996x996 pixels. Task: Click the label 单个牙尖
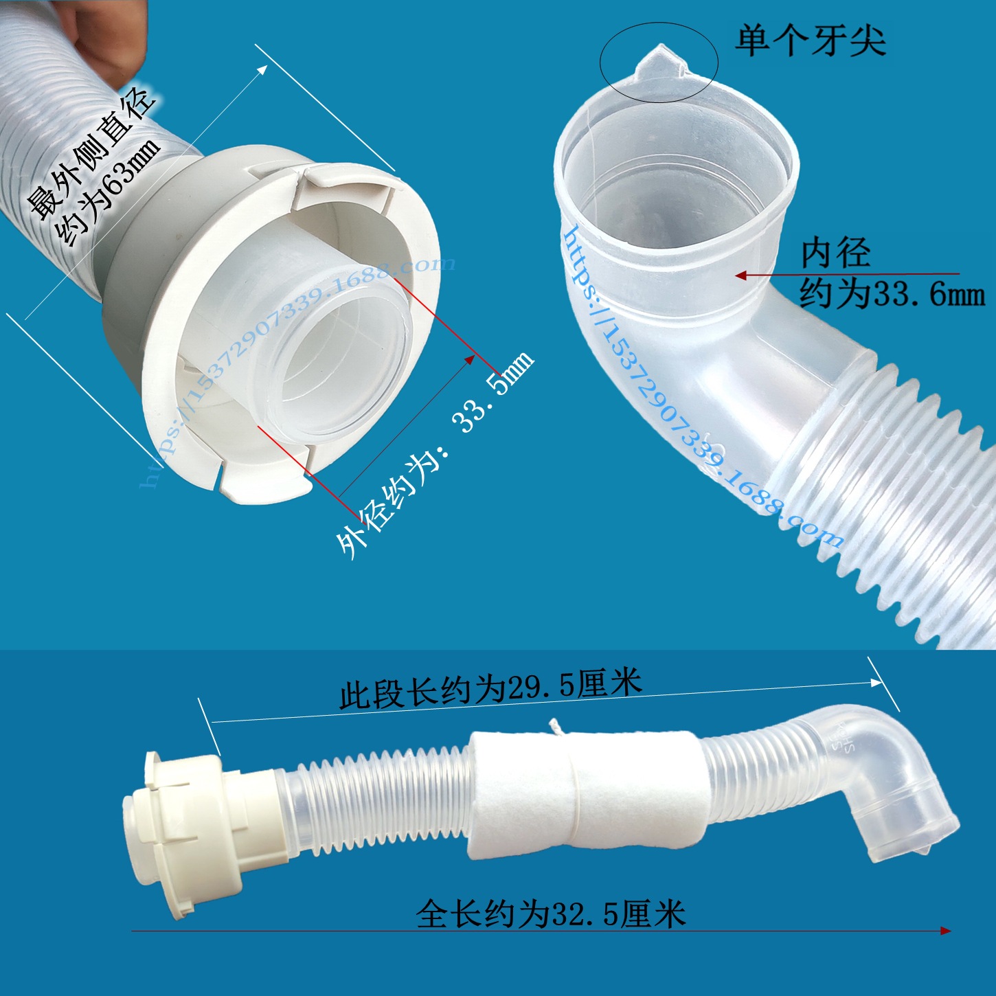(811, 41)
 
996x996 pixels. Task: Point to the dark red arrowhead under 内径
(741, 275)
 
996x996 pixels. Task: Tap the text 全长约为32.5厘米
(550, 914)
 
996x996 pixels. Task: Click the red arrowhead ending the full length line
(946, 931)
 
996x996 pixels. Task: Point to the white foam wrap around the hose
(584, 793)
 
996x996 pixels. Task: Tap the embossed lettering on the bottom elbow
(845, 738)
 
